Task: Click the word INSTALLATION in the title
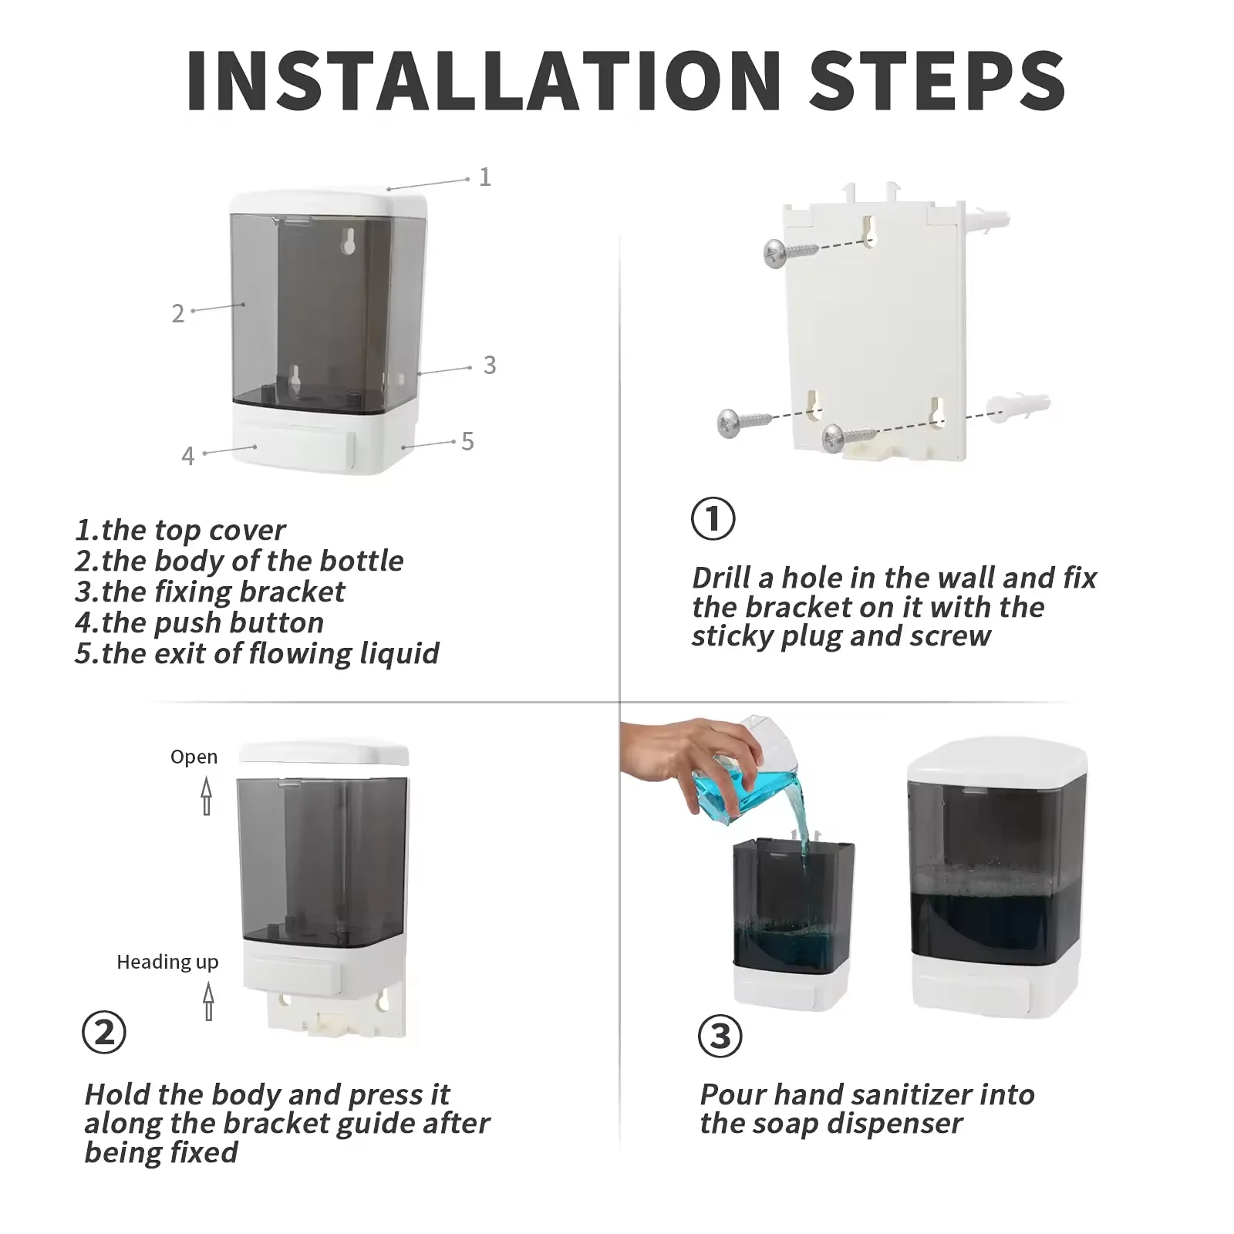(484, 80)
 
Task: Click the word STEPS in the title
(938, 80)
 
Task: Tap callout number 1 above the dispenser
(485, 177)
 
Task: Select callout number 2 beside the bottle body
(178, 313)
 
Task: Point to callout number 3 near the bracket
(490, 365)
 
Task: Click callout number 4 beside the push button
(188, 456)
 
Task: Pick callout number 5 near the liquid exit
(467, 441)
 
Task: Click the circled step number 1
(713, 518)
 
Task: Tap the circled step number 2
(104, 1033)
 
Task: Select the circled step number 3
(720, 1036)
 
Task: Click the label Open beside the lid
(194, 757)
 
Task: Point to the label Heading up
(167, 962)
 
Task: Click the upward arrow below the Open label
(207, 796)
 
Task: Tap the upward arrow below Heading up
(208, 1001)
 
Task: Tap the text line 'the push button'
(199, 622)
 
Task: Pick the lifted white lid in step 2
(324, 752)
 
